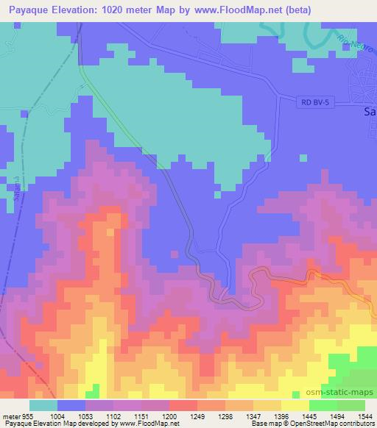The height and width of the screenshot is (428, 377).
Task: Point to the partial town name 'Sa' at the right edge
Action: (370, 113)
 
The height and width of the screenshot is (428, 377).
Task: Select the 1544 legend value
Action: (364, 415)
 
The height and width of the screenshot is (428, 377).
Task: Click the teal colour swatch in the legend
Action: (43, 405)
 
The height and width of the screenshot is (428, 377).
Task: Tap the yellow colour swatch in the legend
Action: (294, 405)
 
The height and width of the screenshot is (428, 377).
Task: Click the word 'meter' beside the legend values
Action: (10, 415)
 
